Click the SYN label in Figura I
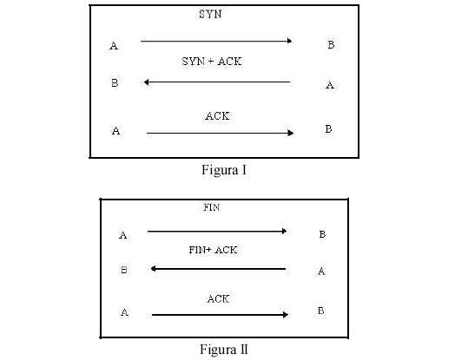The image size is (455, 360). (210, 14)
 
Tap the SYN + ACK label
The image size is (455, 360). (212, 62)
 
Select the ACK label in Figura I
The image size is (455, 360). (217, 116)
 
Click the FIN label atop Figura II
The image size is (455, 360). (211, 207)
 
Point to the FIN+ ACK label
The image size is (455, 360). (214, 250)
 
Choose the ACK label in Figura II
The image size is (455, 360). (218, 298)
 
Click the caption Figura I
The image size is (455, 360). (224, 170)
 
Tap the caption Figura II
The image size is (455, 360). (224, 350)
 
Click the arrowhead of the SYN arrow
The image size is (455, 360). (290, 41)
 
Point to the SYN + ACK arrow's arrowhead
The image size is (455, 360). (147, 82)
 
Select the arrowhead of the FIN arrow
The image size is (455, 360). (285, 231)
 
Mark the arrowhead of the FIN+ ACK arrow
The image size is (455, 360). (154, 269)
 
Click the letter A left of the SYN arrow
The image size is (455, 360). (114, 46)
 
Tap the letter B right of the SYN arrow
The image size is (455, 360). (331, 45)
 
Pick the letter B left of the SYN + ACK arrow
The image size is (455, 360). (115, 83)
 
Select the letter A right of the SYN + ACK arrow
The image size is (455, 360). (330, 85)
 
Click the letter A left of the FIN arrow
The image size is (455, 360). (123, 235)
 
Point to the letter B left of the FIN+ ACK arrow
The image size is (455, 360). (124, 270)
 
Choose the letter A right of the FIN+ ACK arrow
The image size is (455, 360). (321, 272)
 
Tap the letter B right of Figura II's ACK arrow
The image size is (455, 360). (320, 311)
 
